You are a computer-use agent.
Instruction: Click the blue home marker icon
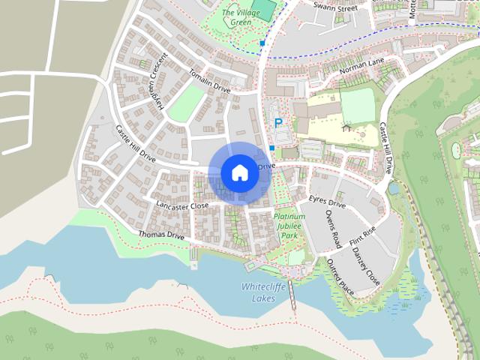[x=239, y=172]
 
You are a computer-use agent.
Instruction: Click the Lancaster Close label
[x=182, y=205]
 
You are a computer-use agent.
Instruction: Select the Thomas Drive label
[x=161, y=235]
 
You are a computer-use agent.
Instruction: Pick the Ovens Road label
[x=332, y=229]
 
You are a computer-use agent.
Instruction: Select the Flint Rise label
[x=362, y=240]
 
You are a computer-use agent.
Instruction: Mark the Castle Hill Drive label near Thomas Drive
[x=135, y=144]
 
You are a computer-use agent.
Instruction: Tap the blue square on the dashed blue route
[x=262, y=43]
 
